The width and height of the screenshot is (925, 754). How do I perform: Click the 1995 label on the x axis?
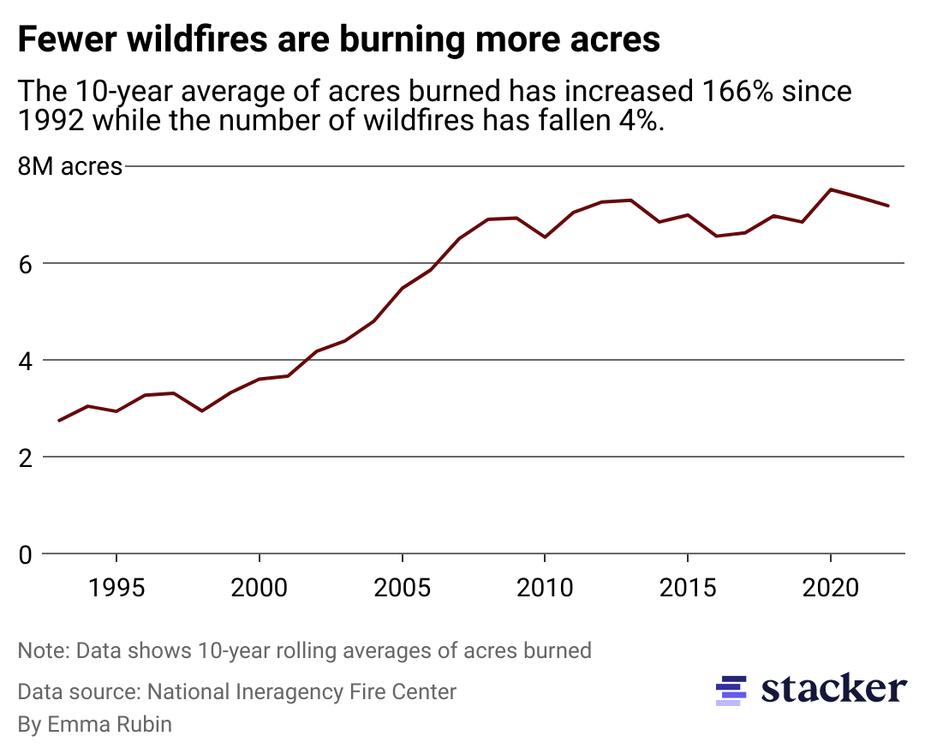pos(116,590)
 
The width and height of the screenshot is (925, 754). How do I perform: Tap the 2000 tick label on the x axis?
pos(259,590)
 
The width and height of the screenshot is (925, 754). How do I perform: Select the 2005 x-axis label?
pos(402,590)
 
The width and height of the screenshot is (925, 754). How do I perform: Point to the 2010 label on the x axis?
pos(545,590)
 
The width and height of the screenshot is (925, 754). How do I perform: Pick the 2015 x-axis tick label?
pos(687,590)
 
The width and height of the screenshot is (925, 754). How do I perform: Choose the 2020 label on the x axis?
pos(830,590)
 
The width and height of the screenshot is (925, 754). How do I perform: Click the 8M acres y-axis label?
pos(70,166)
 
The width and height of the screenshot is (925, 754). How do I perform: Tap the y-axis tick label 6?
pos(26,263)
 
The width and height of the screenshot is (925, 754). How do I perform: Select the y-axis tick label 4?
pos(26,360)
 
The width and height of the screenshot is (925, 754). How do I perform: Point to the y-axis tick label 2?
pos(26,458)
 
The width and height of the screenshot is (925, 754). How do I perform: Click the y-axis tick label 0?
pos(26,554)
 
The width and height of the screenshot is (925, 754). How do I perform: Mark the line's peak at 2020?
pos(830,189)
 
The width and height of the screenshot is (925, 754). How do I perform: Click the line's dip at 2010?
pos(545,236)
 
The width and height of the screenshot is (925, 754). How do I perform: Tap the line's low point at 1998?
pos(201,411)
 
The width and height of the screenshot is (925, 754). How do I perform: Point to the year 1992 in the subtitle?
pos(51,120)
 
